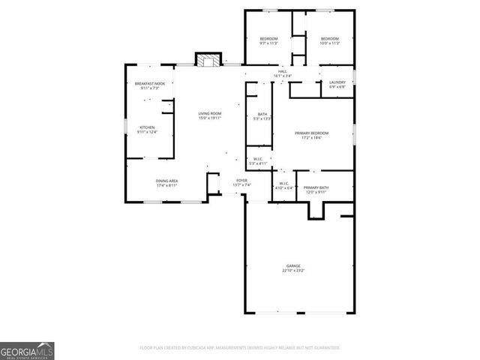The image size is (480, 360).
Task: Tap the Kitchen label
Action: pos(147,127)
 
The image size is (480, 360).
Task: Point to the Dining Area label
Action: pos(166,181)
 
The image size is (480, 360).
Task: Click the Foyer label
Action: pos(241,180)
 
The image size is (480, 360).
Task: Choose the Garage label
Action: pos(292,265)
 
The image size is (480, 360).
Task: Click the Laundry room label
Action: pos(337,82)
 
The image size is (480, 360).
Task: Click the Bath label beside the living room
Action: pos(262,114)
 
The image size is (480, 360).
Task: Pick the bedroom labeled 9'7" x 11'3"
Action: pos(268,39)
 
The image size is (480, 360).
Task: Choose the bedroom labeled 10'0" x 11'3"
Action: pos(330,39)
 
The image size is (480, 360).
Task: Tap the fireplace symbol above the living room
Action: pos(209,59)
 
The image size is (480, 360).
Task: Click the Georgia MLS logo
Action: pos(27,350)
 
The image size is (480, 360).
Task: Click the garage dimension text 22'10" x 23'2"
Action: pos(292,270)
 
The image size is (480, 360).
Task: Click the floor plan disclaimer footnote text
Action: pos(240,348)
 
